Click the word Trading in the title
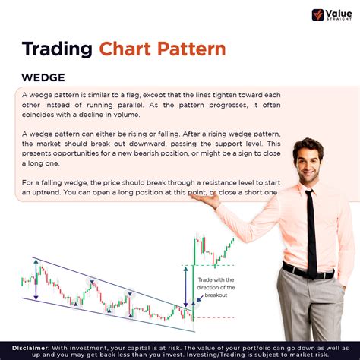pos(58,49)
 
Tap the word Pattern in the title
pos(193,49)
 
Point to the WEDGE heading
pos(43,77)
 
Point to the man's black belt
pos(308,272)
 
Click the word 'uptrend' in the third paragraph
pos(43,193)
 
